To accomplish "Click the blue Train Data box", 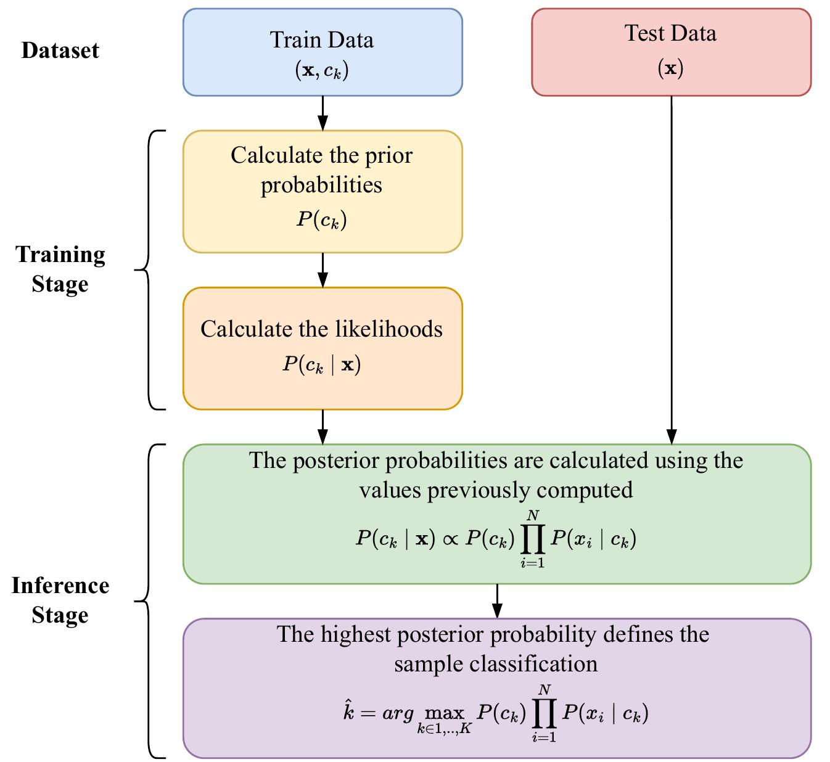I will coord(322,52).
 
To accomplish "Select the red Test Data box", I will coord(671,52).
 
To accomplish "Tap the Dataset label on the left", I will coord(60,50).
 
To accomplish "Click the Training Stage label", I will coord(60,269).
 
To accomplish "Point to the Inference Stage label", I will coord(60,600).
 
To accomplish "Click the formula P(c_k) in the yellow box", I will coord(322,219).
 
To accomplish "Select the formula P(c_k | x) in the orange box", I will coord(322,364).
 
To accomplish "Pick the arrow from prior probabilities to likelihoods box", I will coord(322,270).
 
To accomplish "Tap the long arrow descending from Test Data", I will coord(671,265).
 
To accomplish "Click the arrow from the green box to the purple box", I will coord(497,600).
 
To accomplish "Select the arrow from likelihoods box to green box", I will coord(322,427).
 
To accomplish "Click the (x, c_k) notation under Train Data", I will coord(322,71).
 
